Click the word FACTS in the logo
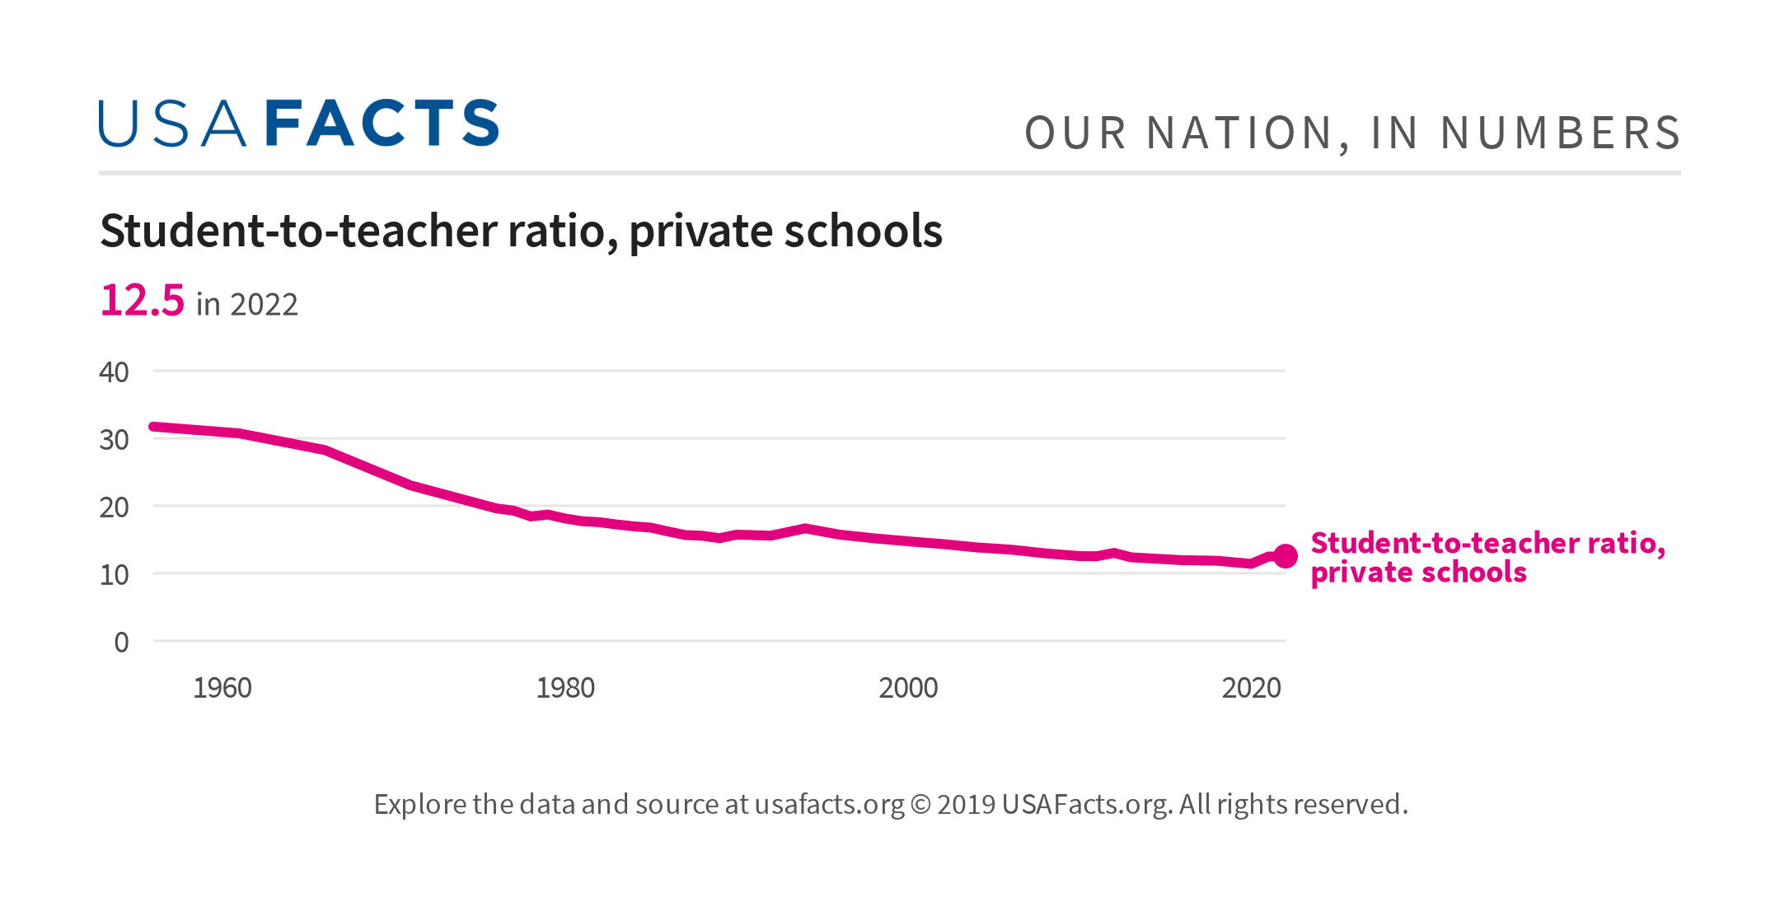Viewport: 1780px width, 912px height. [382, 124]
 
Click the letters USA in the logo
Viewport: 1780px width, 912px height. [172, 124]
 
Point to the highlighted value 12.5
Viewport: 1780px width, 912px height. [142, 300]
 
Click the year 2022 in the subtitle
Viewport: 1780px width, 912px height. [264, 305]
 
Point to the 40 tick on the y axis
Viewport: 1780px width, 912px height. [114, 372]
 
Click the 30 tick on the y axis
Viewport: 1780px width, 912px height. [114, 440]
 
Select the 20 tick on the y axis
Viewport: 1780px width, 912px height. [114, 507]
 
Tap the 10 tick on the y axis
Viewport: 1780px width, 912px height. [114, 575]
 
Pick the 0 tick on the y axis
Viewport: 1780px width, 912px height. [121, 643]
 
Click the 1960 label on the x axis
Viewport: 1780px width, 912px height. [222, 688]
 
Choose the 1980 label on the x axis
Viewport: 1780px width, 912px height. [565, 688]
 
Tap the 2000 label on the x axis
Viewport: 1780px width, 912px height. [908, 688]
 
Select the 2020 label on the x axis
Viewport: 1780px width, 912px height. [1251, 688]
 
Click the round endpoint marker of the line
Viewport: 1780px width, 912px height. [1286, 556]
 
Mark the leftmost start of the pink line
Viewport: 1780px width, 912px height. [154, 427]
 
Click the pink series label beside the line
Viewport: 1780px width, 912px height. [1487, 558]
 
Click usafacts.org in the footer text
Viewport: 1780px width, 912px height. [829, 804]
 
